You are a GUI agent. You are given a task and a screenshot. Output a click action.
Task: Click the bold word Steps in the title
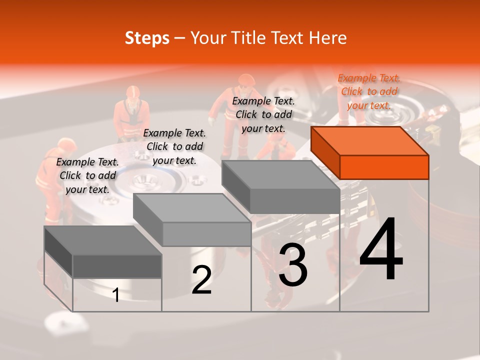(147, 38)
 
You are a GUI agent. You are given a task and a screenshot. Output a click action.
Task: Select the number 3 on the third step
(293, 265)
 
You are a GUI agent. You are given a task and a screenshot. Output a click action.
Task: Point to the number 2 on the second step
(201, 280)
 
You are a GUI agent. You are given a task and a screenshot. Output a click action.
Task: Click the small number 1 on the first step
(116, 295)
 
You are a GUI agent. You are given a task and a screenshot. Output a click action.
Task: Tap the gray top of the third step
(280, 175)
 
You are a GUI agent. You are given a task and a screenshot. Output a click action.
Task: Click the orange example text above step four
(369, 91)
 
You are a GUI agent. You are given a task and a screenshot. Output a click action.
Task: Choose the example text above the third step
(263, 114)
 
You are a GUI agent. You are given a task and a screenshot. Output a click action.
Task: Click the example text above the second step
(174, 146)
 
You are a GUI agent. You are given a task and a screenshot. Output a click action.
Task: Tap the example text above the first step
(87, 175)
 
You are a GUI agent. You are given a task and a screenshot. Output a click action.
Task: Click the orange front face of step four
(384, 167)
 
